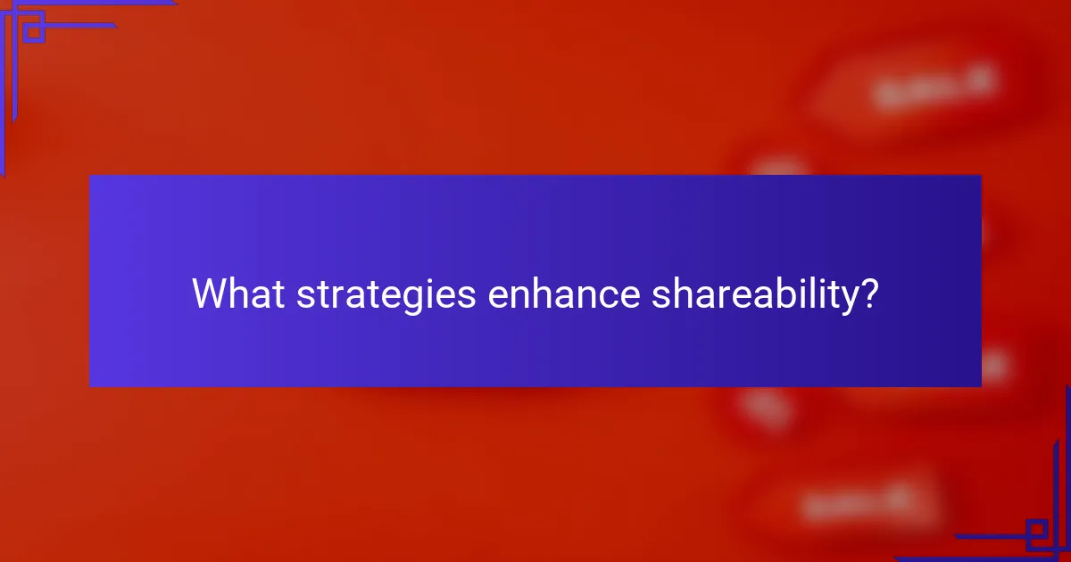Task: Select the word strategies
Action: point(386,295)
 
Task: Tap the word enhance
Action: point(563,293)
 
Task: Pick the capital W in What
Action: point(208,293)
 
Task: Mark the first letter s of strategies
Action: point(303,297)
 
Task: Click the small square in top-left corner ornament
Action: point(33,32)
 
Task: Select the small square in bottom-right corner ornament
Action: point(1037,532)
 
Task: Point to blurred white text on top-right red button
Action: point(933,87)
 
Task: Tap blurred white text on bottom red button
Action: point(857,505)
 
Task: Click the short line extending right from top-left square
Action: point(80,25)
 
